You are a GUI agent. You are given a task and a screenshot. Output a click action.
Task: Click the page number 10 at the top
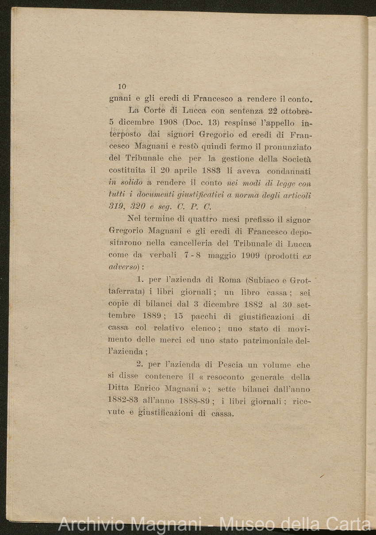point(122,87)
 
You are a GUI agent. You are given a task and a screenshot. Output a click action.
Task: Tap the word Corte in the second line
point(157,110)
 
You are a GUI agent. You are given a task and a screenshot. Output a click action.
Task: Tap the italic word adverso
point(123,267)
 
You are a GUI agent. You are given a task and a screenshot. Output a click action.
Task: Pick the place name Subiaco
point(264,280)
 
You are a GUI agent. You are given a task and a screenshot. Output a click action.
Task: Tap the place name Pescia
point(229,365)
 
